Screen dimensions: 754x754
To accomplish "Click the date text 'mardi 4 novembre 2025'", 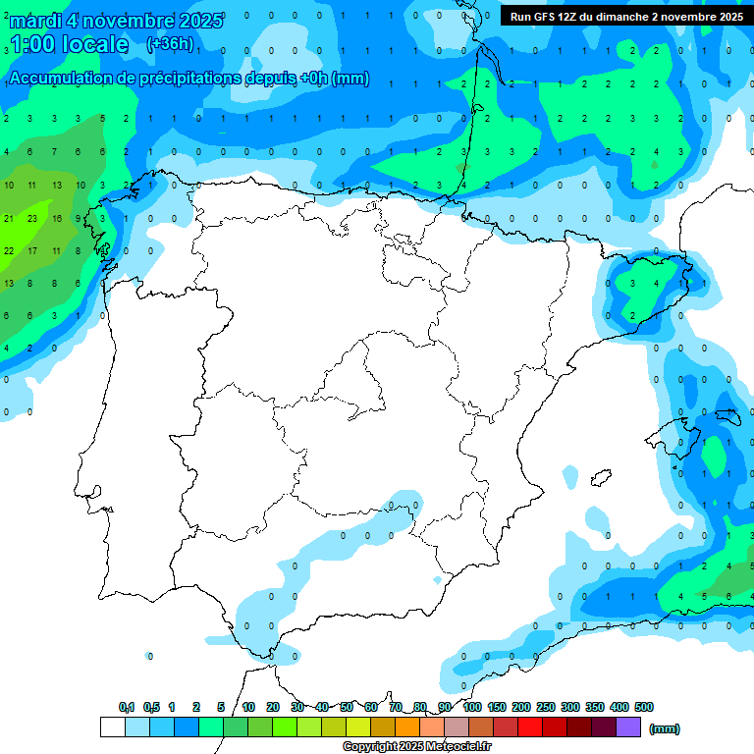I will [x=116, y=20].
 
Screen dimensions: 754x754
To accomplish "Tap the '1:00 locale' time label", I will [x=69, y=44].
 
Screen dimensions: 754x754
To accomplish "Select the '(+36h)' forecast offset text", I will [x=171, y=43].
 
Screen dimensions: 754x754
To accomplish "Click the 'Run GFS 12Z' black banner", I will [x=626, y=16].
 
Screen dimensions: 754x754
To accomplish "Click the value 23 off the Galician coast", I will [x=32, y=219].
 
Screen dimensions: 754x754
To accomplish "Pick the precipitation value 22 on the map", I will [x=9, y=251].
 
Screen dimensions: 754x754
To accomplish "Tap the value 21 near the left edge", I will [x=9, y=219].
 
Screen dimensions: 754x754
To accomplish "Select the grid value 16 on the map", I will [x=57, y=219].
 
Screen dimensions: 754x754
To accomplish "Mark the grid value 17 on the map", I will [x=32, y=251].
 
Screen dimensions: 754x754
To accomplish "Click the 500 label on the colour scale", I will [x=644, y=707].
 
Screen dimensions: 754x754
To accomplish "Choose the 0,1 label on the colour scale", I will [x=127, y=707].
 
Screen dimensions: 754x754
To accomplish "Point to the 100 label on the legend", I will [x=472, y=707].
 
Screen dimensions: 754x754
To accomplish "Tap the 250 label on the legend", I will [x=546, y=707].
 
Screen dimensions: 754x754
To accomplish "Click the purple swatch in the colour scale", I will [x=628, y=727].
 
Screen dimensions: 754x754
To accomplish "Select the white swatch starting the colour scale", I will [x=113, y=727].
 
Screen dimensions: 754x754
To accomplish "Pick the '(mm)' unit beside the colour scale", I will [x=665, y=728].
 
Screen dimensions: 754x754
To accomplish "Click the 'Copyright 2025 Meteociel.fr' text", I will [x=417, y=747].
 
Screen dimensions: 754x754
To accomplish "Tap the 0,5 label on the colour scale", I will [x=151, y=707].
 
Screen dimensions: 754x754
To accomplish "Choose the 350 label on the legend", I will [x=595, y=707].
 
